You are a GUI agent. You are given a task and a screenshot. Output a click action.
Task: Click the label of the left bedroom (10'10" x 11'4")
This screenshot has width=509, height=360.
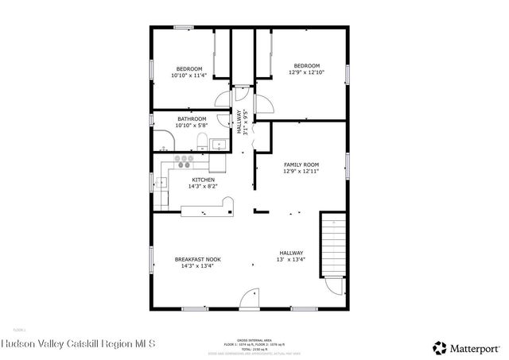click(189, 72)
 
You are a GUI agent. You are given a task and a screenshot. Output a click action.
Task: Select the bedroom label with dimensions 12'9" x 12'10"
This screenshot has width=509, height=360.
click(306, 69)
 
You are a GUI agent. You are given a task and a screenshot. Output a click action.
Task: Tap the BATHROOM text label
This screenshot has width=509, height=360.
click(192, 122)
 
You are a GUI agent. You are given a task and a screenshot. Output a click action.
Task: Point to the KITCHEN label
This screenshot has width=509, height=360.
click(202, 184)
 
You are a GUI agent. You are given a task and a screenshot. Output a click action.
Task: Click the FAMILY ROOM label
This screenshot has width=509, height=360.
click(301, 168)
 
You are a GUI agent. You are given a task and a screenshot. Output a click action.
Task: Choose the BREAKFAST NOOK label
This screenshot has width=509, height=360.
click(198, 263)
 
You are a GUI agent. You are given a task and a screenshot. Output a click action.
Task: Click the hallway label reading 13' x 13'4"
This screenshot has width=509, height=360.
click(290, 257)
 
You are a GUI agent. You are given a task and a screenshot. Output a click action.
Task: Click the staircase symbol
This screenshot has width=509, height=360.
click(333, 242)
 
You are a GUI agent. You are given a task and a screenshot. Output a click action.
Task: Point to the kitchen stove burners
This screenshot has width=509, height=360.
click(185, 161)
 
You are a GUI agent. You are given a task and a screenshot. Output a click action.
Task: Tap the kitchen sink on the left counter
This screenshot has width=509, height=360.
click(160, 183)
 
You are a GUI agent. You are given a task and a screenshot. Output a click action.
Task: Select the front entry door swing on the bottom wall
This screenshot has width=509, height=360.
click(250, 298)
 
